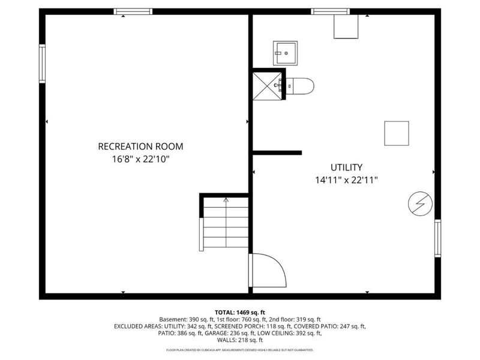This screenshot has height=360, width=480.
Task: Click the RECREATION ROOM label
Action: click(x=140, y=146)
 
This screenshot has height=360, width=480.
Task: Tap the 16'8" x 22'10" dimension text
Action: click(x=140, y=160)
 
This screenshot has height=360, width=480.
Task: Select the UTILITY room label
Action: click(x=346, y=167)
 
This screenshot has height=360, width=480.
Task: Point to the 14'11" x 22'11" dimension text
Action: click(x=346, y=180)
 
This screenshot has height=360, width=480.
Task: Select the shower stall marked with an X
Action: click(x=266, y=85)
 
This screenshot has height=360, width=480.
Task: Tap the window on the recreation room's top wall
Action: click(x=133, y=11)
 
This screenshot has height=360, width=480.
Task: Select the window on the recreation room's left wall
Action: click(x=42, y=63)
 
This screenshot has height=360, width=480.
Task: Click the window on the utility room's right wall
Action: click(x=437, y=238)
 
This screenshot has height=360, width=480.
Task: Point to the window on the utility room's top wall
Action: click(x=331, y=11)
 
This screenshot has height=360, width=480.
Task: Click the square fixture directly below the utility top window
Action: click(x=346, y=27)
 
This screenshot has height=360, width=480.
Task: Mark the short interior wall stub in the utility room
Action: click(x=277, y=152)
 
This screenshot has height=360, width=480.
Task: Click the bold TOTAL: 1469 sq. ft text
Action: click(x=240, y=312)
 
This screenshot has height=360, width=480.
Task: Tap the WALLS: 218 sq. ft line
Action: click(x=240, y=341)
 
